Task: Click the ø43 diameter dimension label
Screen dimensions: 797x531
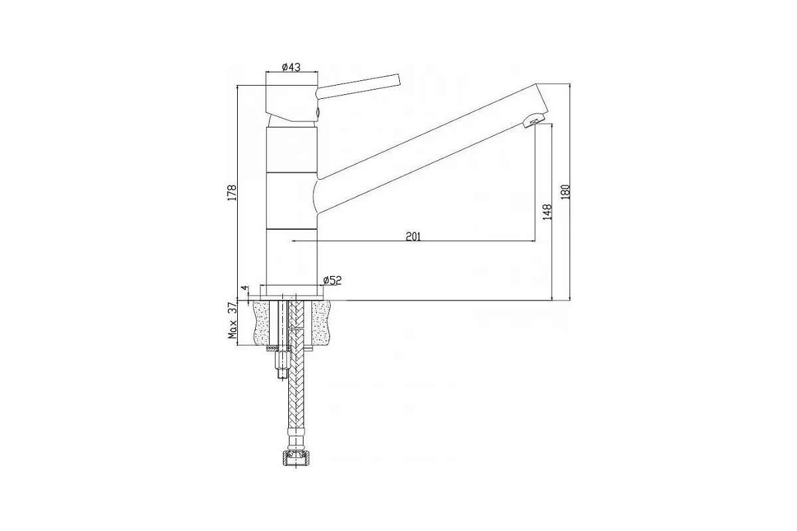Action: (291, 67)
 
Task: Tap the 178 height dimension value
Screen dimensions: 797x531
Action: (232, 192)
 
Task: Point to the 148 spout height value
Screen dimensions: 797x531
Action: (547, 212)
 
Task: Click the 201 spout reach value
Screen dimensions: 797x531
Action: (413, 236)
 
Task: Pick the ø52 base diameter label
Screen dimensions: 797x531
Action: (332, 281)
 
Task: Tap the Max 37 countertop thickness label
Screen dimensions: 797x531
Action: (232, 321)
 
